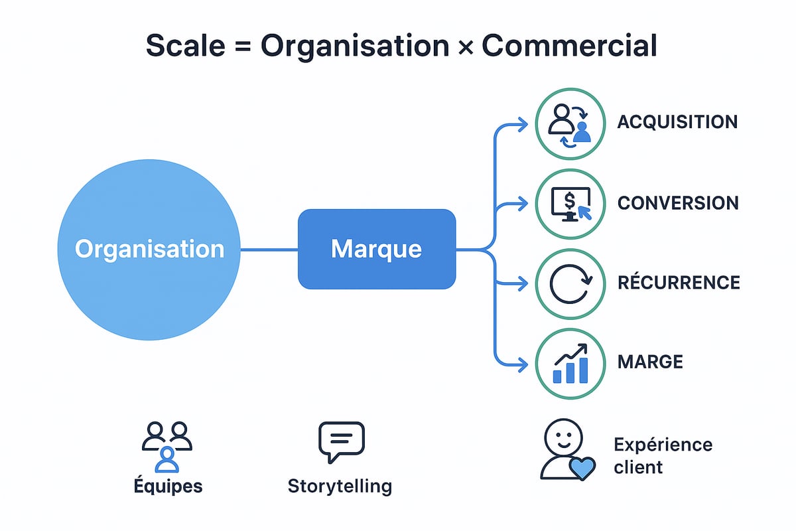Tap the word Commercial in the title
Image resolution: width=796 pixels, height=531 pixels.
click(569, 46)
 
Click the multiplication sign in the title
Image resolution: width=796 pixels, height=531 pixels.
click(464, 47)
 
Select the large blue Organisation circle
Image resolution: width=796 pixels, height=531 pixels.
click(149, 249)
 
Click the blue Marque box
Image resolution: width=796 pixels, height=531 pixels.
click(377, 249)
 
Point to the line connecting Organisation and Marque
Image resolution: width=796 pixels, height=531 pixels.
click(269, 250)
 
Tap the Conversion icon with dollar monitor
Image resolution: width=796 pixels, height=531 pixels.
click(570, 203)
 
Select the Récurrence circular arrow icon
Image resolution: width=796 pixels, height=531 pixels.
click(570, 283)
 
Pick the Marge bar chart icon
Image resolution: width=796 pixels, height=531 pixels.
click(570, 362)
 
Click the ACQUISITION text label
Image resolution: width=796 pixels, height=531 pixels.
click(677, 123)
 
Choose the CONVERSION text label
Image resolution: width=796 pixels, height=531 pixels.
click(678, 203)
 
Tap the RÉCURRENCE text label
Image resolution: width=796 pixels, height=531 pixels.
click(678, 283)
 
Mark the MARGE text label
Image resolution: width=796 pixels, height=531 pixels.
click(649, 362)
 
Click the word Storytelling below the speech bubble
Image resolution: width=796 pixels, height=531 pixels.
click(340, 487)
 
